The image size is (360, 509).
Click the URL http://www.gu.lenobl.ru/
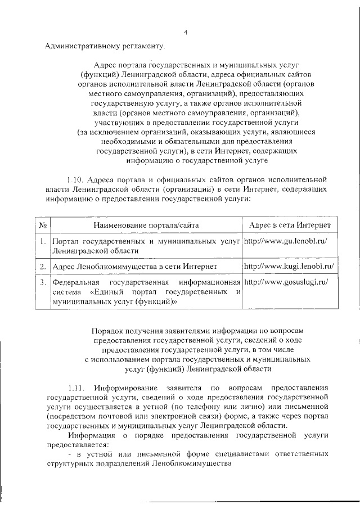tap(286, 241)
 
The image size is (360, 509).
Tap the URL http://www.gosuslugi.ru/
tap(286, 281)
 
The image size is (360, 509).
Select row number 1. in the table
tap(42, 242)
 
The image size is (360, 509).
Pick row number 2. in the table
tap(42, 264)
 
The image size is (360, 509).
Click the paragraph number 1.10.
tap(75, 179)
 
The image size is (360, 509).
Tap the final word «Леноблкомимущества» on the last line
tap(192, 465)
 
